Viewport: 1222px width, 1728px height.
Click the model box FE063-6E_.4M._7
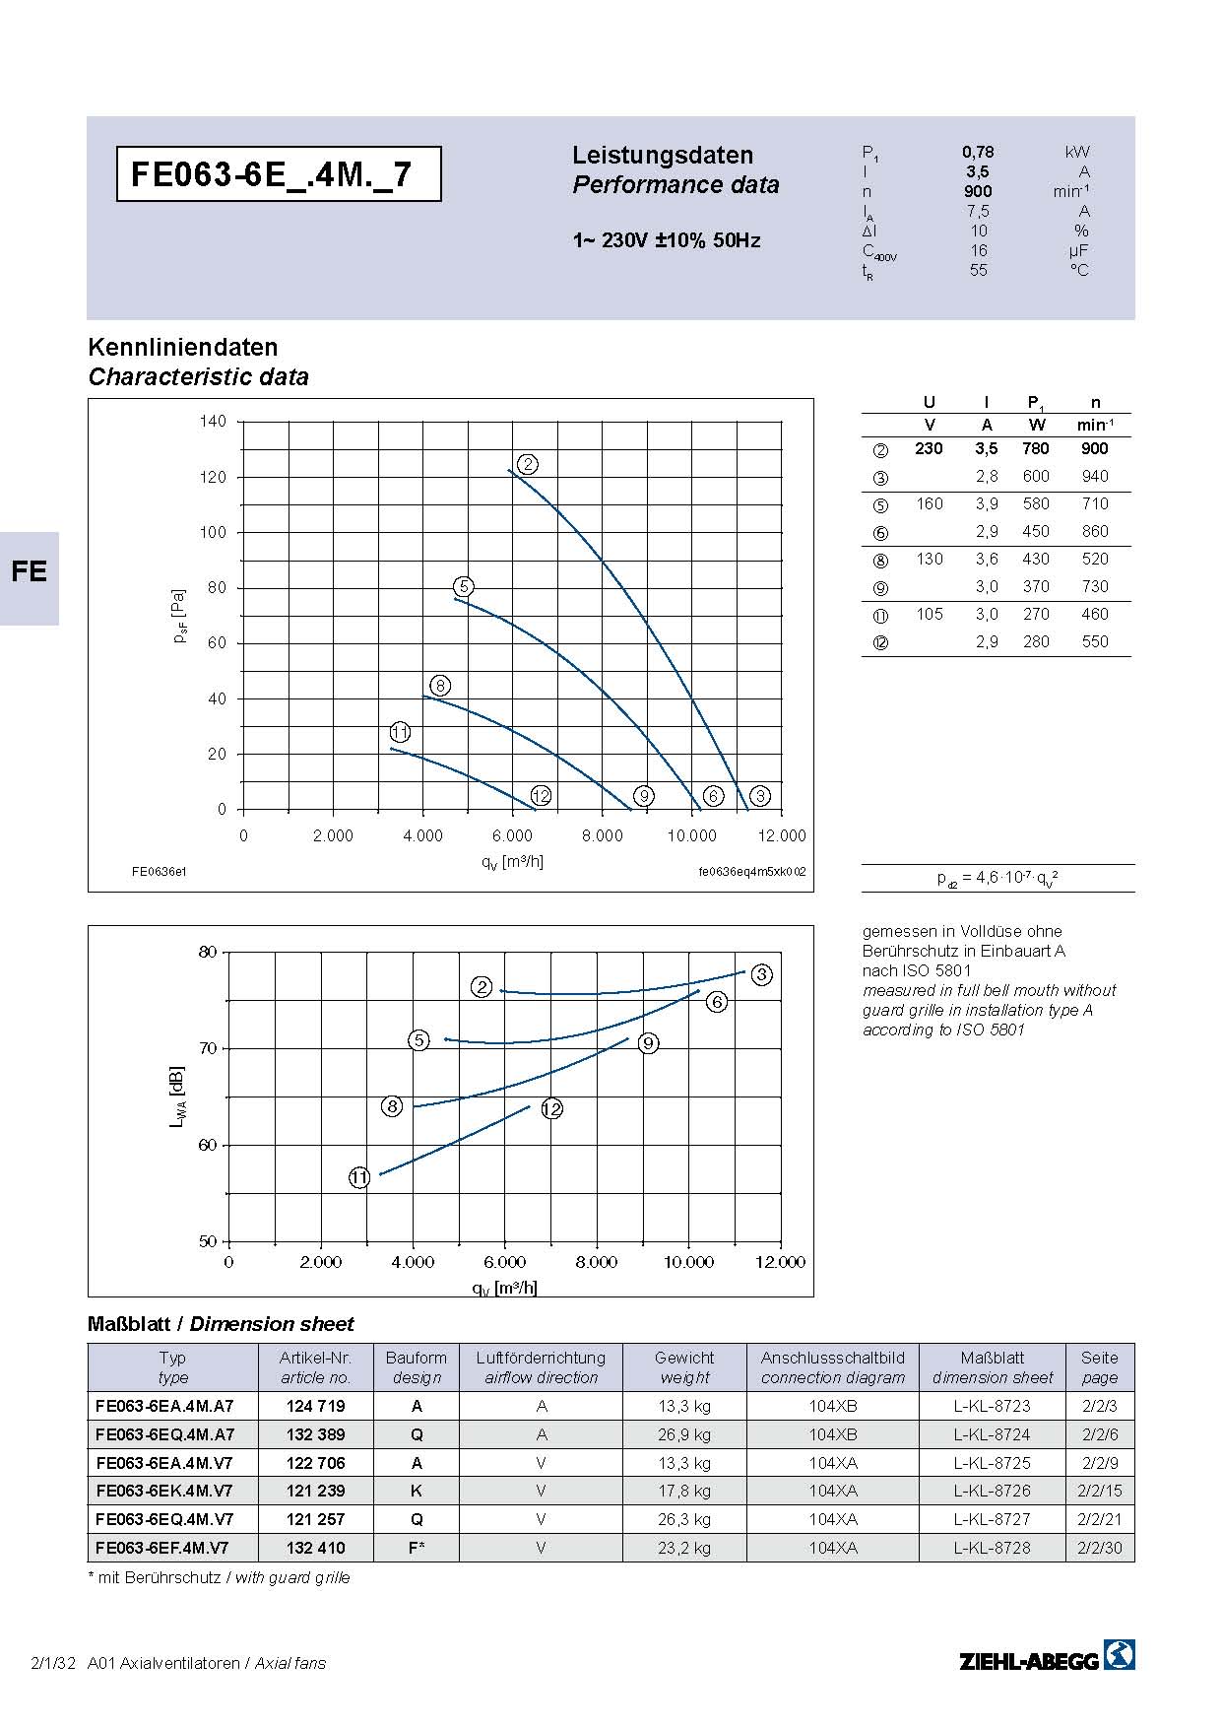(x=279, y=174)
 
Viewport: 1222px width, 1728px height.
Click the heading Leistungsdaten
(x=663, y=155)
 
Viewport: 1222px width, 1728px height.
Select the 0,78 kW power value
(x=978, y=152)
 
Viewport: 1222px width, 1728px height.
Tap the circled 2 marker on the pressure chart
(x=528, y=464)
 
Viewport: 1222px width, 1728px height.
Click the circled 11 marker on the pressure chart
(x=400, y=732)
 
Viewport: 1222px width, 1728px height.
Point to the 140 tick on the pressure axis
(x=213, y=421)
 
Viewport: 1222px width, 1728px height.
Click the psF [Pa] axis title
(x=179, y=617)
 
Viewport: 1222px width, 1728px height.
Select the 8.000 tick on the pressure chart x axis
(x=602, y=835)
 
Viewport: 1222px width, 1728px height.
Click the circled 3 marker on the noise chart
(x=762, y=974)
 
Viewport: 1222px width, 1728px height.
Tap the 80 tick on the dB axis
(x=207, y=952)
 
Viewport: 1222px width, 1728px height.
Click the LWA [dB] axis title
(x=177, y=1096)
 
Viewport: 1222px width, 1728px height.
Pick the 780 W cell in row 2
(x=1036, y=448)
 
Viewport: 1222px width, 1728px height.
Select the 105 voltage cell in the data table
(x=930, y=614)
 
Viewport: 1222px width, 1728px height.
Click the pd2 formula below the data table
(x=997, y=878)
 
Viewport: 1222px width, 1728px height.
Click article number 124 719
(x=315, y=1406)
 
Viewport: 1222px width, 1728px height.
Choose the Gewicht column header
(x=684, y=1358)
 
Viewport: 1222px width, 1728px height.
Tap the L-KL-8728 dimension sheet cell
(x=992, y=1548)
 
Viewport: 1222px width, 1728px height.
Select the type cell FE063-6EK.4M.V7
(x=164, y=1491)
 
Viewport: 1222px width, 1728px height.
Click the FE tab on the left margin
(x=30, y=572)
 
